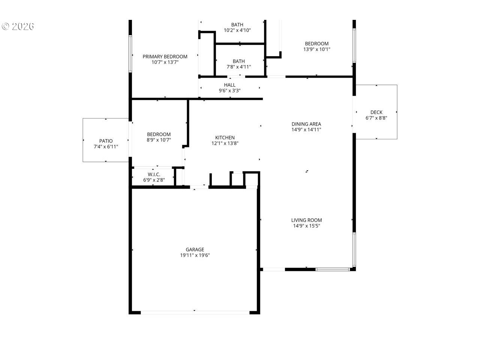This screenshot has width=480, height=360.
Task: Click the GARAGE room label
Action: coord(195,249)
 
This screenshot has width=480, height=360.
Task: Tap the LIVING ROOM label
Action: coord(306,220)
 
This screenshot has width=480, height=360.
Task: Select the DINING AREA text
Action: coord(306,124)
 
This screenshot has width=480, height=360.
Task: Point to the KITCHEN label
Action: coord(225,138)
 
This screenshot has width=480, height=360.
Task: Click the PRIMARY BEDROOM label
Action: coord(165,57)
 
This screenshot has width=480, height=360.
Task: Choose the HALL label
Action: coord(229,85)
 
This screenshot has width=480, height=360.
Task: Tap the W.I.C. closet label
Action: coord(154,174)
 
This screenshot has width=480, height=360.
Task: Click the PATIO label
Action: coord(106,141)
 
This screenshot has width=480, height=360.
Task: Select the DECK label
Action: coord(376,112)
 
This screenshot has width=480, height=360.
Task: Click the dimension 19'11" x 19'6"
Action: coord(195,255)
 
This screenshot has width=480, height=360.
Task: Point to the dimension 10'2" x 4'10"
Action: coord(237,30)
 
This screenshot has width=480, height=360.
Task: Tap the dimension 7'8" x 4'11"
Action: coord(238,67)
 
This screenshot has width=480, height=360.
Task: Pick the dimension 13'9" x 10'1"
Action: coord(316,49)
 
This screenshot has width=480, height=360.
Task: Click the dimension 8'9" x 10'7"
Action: coord(159,140)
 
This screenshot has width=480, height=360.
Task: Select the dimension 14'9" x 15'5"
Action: coord(306,226)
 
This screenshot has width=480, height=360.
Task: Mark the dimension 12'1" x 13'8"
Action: coord(225,143)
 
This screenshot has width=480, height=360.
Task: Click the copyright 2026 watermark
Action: coord(18,27)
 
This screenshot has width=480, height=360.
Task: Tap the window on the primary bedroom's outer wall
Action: coord(130,54)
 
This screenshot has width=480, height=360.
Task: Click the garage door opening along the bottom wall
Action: coord(195,313)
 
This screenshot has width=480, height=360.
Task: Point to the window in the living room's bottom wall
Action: coord(333,269)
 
